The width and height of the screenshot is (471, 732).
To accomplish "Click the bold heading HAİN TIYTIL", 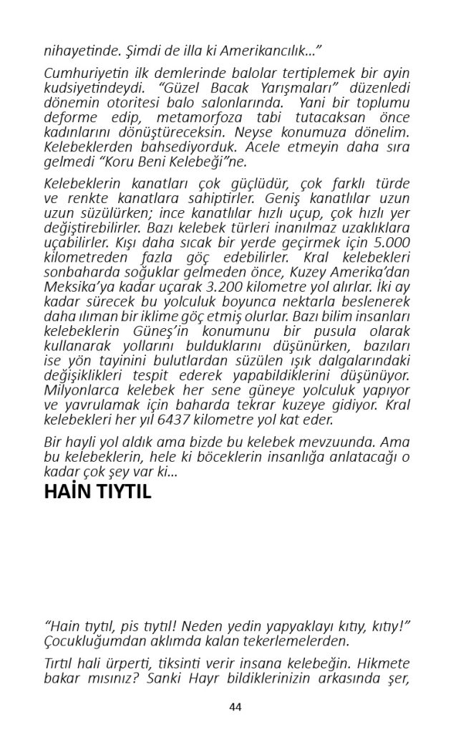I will pyautogui.click(x=97, y=492).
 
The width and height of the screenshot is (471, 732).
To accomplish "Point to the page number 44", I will pyautogui.click(x=235, y=707).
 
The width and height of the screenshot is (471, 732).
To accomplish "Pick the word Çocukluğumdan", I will pyautogui.click(x=94, y=640).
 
